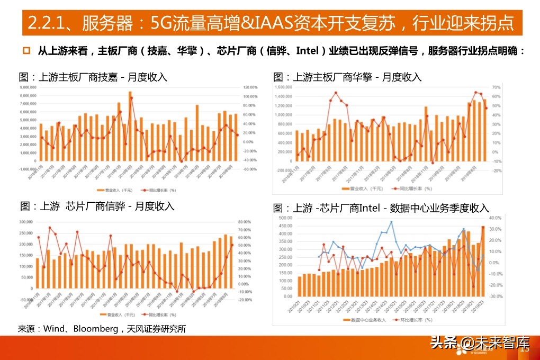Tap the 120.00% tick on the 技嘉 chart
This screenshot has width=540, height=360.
pos(250,87)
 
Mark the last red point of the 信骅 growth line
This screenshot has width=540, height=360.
pos(231,245)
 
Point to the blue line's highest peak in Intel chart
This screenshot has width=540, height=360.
pos(391,222)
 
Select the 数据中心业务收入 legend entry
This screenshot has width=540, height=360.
pos(365,320)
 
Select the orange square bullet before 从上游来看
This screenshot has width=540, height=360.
pos(26,51)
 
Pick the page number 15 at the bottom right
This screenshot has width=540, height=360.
pos(526,349)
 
